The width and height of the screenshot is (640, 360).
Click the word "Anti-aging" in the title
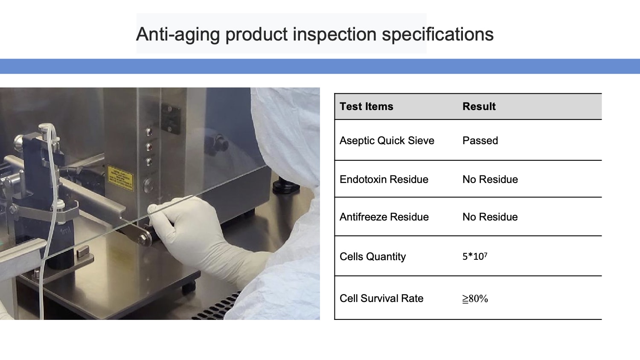[x=178, y=35]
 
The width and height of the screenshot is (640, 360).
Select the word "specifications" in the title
[x=438, y=35]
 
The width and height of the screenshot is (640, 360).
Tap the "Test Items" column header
[x=366, y=106]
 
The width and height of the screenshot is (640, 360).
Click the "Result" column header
[x=479, y=106]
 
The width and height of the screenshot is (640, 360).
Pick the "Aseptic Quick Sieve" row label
[x=387, y=141]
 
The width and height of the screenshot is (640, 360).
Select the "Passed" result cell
[x=480, y=141]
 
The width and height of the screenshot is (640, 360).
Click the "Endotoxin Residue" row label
[x=384, y=180]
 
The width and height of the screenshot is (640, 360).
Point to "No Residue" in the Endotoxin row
[x=490, y=180]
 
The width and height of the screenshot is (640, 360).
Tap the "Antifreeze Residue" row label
[x=384, y=217]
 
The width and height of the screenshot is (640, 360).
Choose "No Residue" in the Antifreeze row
[x=490, y=217]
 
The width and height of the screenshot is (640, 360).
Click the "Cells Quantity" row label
[x=372, y=257]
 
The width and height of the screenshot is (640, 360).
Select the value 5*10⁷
[x=475, y=256]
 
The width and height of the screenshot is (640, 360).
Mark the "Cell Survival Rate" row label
[x=381, y=299]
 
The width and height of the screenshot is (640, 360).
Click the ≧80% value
[x=475, y=299]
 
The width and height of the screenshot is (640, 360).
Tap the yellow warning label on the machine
[x=120, y=178]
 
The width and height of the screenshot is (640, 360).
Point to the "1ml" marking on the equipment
[x=65, y=230]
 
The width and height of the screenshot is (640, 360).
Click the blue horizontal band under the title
[x=320, y=66]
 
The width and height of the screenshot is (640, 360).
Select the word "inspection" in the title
[x=334, y=35]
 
